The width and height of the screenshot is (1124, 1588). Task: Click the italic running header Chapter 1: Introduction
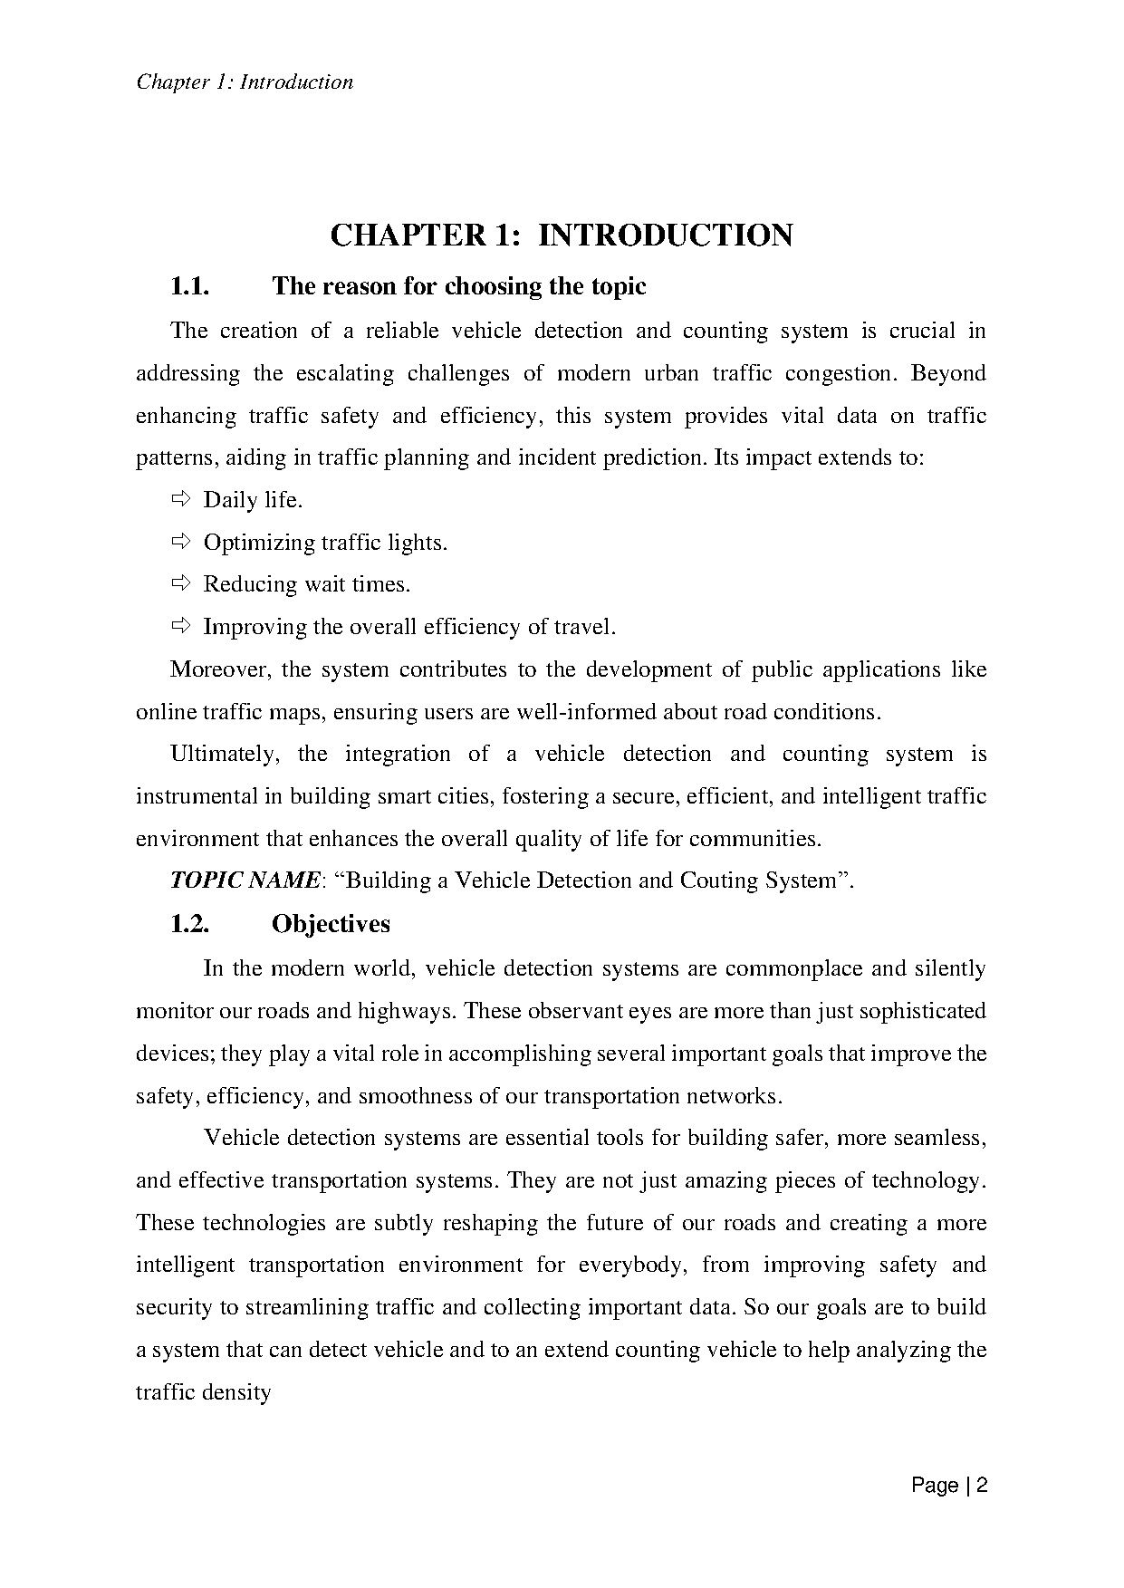pos(245,82)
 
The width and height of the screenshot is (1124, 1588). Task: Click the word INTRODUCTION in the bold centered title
pos(666,236)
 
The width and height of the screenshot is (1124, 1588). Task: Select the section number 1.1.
pos(189,287)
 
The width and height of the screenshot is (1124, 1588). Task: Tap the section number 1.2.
pos(189,924)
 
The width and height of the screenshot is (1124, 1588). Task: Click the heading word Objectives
pos(331,924)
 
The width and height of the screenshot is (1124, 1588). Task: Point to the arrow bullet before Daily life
pos(179,498)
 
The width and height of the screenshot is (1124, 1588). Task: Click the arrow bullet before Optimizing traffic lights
pos(179,541)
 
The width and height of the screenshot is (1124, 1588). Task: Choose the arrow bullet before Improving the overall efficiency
pos(179,625)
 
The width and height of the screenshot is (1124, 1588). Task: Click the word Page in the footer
pos(935,1486)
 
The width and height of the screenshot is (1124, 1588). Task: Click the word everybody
pos(630,1265)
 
